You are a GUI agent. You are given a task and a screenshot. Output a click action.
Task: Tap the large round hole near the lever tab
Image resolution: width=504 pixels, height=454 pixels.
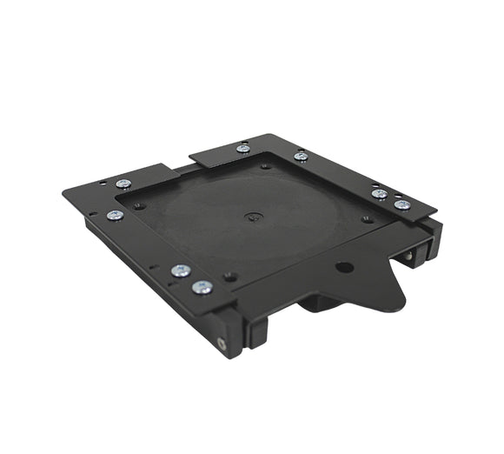[x=344, y=267]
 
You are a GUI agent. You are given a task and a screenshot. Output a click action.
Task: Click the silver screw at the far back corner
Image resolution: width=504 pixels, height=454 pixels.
[x=243, y=149]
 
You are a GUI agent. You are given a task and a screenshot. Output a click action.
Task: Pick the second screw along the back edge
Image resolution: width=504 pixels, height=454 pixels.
[x=301, y=157]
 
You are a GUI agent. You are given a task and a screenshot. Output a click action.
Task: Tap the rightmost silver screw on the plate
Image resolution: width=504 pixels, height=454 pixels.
[x=402, y=205]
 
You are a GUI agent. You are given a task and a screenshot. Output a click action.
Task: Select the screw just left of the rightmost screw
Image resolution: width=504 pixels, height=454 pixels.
[x=379, y=194]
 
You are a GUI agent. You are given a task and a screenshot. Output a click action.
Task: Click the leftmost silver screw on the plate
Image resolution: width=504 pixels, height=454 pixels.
[x=114, y=215]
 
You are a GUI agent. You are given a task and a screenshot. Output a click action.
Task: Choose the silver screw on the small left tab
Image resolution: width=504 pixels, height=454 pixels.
[x=123, y=184]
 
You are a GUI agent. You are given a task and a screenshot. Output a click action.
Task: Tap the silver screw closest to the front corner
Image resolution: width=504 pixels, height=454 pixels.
[x=203, y=287]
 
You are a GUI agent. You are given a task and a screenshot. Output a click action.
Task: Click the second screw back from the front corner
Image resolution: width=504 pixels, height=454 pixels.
[x=181, y=270]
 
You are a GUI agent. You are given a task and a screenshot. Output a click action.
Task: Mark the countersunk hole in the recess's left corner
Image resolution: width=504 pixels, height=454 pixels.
[x=139, y=205]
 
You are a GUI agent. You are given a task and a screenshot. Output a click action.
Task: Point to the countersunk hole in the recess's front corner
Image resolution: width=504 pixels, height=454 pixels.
[x=230, y=277]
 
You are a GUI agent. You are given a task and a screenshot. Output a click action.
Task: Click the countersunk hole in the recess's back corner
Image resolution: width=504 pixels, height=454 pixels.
[x=265, y=165]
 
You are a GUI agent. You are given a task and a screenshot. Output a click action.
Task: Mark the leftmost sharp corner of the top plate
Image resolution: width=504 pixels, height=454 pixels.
[x=63, y=194]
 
